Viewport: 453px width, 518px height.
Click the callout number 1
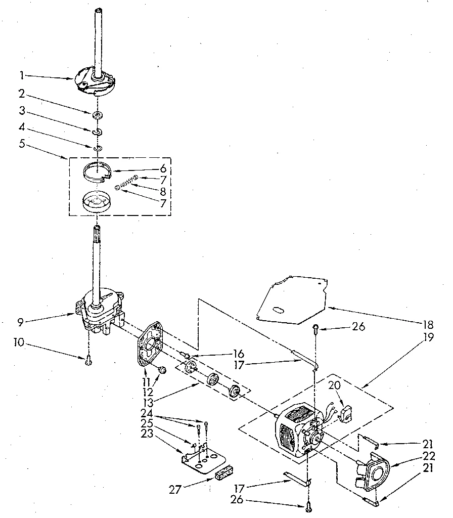(22, 75)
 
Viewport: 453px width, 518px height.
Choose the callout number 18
(429, 324)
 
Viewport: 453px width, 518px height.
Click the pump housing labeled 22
(373, 473)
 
